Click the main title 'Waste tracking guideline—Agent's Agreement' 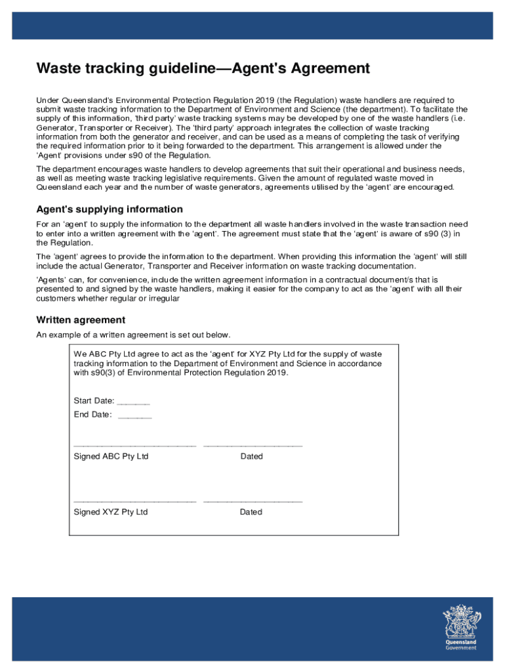[203, 68]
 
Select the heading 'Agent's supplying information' [110, 209]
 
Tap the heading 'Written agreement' [81, 320]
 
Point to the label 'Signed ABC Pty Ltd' [111, 456]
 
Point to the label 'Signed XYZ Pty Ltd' [111, 512]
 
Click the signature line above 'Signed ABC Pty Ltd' [134, 446]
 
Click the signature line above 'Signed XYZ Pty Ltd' [134, 502]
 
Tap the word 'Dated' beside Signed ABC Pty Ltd [251, 456]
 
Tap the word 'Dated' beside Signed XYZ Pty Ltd [251, 512]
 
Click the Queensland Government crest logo [461, 621]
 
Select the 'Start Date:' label [94, 401]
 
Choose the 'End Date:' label [92, 415]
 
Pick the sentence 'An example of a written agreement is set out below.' [133, 335]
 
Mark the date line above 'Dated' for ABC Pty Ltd [253, 446]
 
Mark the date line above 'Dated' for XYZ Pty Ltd [253, 502]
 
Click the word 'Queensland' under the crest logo [461, 642]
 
